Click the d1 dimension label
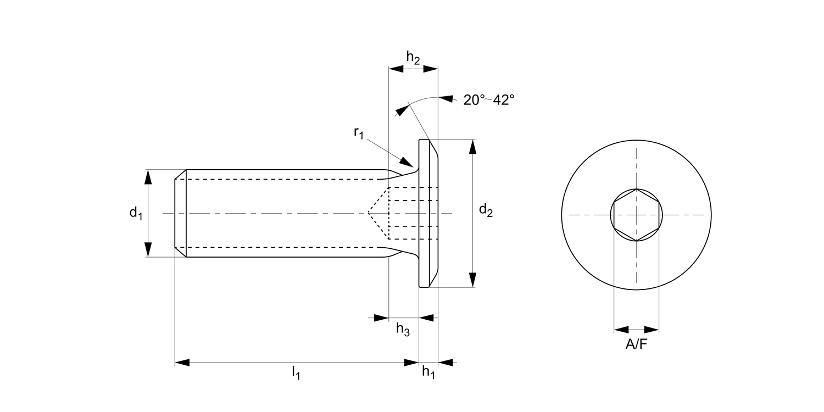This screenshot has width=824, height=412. (136, 213)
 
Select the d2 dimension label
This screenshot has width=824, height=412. (486, 210)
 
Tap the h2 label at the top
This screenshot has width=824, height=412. (413, 57)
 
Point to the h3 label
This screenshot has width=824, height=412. (403, 330)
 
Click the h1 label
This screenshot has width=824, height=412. (428, 372)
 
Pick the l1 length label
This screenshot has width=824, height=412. (296, 372)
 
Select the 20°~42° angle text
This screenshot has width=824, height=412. (488, 100)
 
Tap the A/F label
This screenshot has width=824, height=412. (636, 345)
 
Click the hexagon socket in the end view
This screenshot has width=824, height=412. (637, 215)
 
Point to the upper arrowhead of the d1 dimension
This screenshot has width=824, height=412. (147, 177)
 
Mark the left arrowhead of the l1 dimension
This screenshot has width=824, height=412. (182, 363)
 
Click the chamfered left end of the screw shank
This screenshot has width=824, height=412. (180, 213)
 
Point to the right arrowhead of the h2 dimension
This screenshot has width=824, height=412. (431, 69)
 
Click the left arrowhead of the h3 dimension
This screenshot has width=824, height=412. (381, 318)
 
